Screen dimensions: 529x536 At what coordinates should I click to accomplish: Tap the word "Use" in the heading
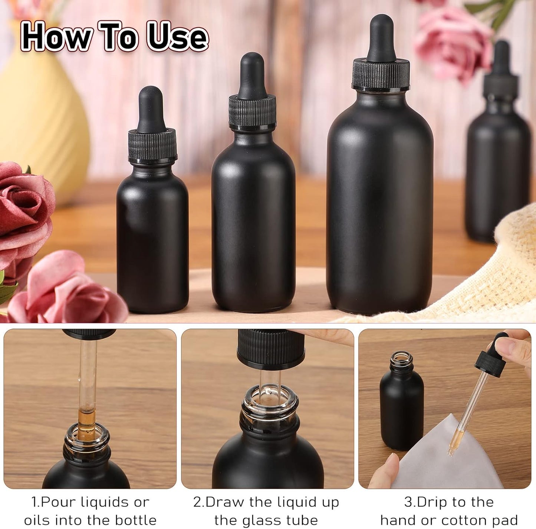177,37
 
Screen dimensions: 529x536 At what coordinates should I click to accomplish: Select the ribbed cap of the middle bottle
252,111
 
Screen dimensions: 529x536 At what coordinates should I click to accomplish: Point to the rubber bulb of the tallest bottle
381,37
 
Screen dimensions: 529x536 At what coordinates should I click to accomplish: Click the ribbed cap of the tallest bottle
381,74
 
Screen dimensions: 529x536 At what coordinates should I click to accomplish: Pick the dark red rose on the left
22,215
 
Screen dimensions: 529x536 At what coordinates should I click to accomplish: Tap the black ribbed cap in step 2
271,348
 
